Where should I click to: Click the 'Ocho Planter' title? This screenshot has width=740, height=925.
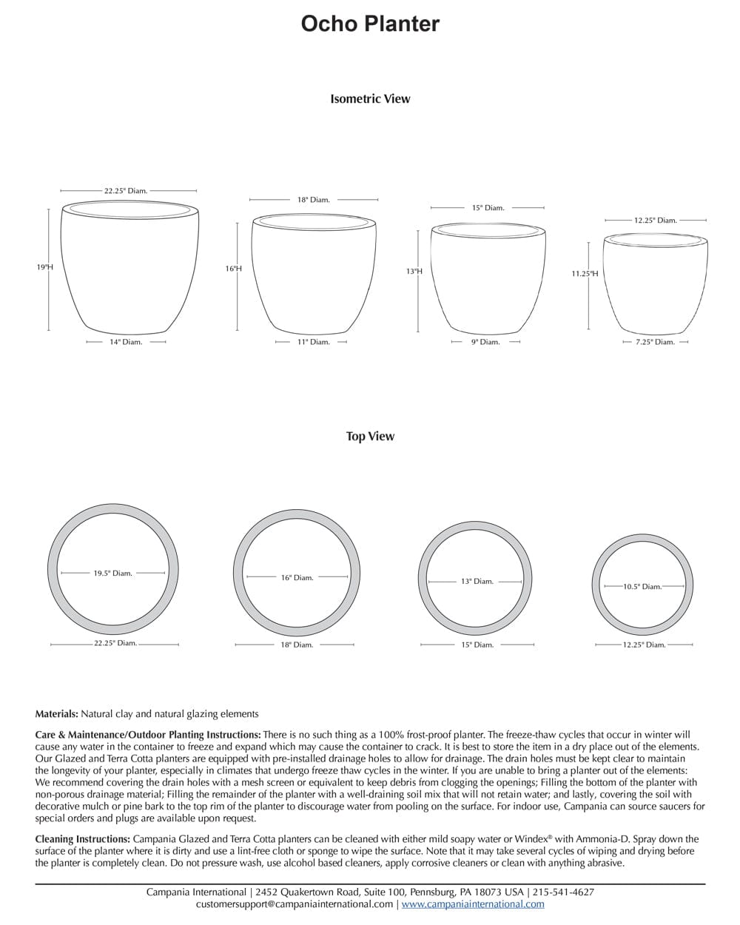click(370, 24)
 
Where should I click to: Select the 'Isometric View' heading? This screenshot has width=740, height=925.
click(370, 98)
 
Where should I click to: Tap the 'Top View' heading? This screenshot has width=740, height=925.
click(370, 436)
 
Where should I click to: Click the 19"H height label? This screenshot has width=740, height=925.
click(45, 267)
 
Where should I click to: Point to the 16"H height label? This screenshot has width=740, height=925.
click(233, 269)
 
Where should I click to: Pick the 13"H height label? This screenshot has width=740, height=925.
click(414, 272)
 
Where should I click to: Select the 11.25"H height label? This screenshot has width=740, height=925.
click(585, 274)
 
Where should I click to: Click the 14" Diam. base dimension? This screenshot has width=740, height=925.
click(126, 342)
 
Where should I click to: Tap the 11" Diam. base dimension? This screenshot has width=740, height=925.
click(314, 342)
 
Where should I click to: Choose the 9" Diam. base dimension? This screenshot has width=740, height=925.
click(485, 342)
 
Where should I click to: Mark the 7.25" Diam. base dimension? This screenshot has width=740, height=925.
click(655, 342)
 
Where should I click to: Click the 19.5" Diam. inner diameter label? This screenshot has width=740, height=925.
click(112, 573)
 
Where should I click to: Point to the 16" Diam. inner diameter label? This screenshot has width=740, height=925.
click(297, 577)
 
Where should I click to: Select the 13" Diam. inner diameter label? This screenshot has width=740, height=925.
click(477, 581)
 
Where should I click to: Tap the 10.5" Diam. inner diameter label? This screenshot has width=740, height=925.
click(642, 587)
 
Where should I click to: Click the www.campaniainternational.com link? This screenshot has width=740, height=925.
click(473, 904)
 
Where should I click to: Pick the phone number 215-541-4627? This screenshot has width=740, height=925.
click(563, 892)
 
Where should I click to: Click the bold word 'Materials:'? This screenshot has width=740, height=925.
click(56, 714)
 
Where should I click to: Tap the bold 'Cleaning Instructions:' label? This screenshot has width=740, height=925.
click(82, 839)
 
